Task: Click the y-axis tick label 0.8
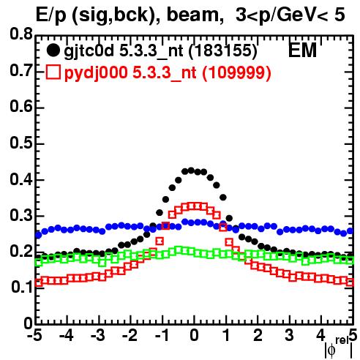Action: point(21,34)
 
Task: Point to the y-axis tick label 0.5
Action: point(21,143)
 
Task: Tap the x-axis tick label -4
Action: point(67,335)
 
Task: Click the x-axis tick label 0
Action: point(194,335)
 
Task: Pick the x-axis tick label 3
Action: point(290,335)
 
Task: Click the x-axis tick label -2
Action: point(130,335)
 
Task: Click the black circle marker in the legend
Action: point(53,50)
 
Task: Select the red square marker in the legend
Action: point(53,72)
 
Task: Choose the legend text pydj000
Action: point(96,73)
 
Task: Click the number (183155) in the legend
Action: point(223,51)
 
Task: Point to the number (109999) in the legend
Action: point(237,72)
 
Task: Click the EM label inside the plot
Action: point(302,50)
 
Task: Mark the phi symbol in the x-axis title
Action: point(331,350)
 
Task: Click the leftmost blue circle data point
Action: point(39,235)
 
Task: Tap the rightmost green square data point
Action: point(350,260)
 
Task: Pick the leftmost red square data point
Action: point(39,282)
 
